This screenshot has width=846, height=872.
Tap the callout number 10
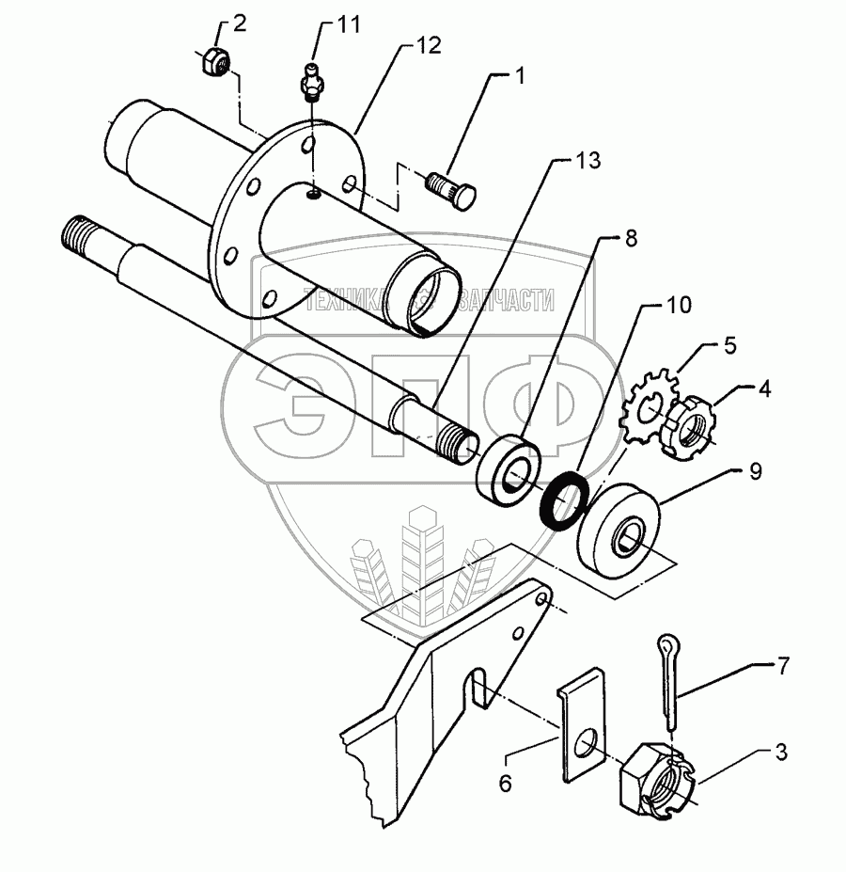[x=678, y=305]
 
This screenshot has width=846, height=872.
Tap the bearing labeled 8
[x=510, y=471]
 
